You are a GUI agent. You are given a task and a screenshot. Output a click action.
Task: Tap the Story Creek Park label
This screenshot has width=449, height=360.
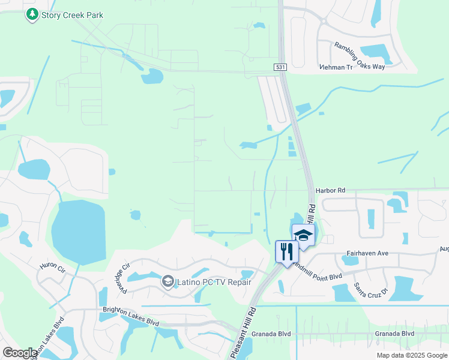click(x=72, y=15)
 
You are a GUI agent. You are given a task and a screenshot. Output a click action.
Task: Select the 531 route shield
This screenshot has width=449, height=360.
click(x=280, y=67)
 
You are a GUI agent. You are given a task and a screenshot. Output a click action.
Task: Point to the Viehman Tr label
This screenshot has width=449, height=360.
click(x=353, y=67)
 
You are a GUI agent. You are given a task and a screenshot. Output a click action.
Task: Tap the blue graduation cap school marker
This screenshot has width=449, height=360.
click(x=303, y=235)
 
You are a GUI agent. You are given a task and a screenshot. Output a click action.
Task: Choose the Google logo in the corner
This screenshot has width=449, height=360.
click(x=19, y=352)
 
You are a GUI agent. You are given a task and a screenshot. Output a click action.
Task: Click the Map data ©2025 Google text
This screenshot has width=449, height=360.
click(x=411, y=355)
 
